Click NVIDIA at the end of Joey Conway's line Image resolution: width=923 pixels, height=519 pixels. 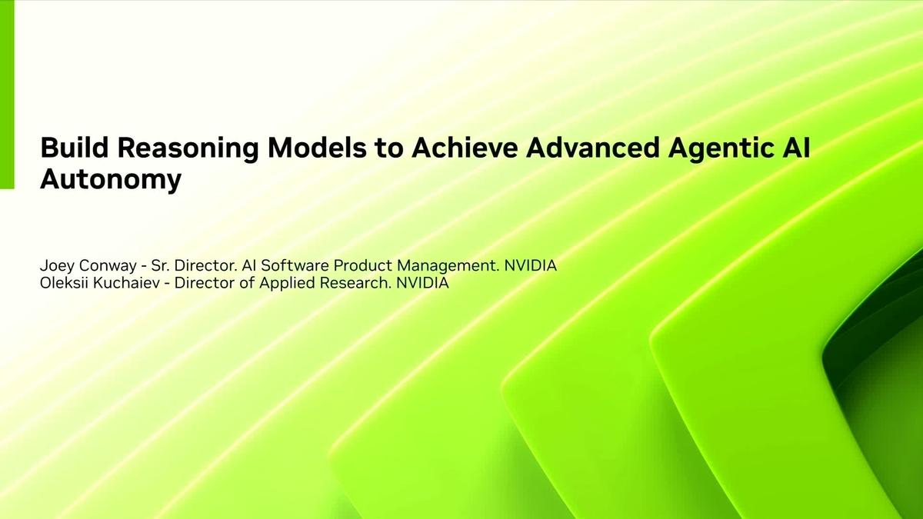(x=530, y=266)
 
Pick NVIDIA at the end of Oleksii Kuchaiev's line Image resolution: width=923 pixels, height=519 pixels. (x=422, y=283)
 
